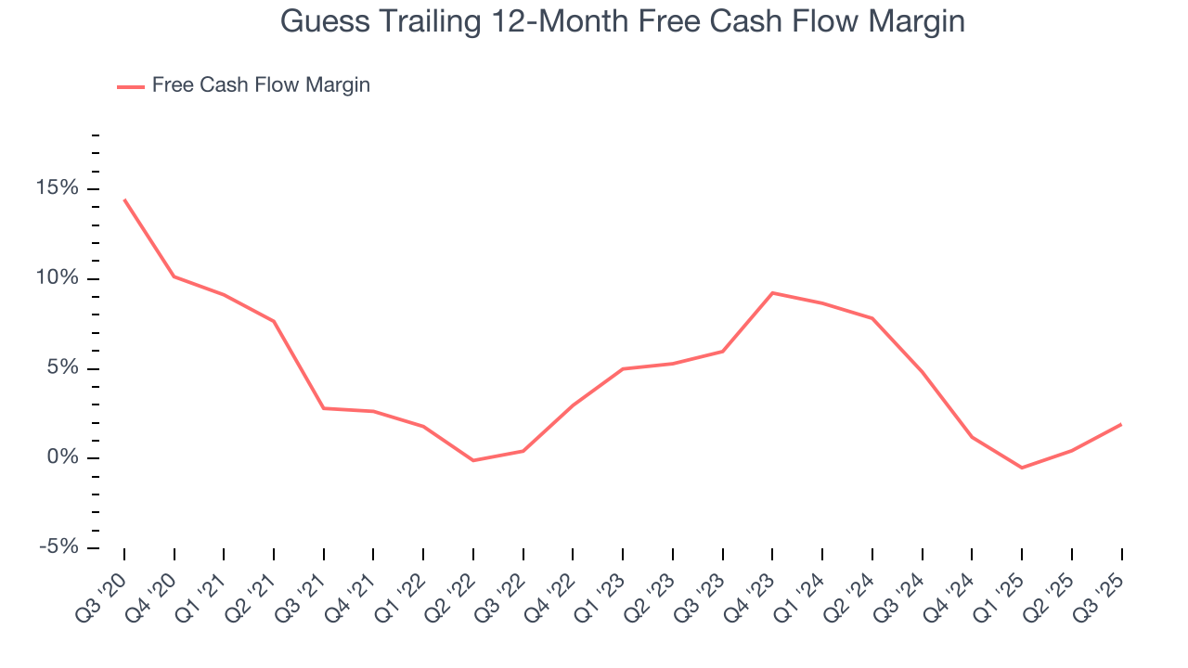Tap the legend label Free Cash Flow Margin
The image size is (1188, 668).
261,85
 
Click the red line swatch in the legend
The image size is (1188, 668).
131,86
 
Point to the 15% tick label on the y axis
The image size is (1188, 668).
57,189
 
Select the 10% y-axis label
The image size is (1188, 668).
57,279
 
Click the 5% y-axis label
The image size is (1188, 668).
62,368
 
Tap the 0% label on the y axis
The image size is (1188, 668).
62,458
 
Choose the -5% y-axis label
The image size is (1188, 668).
58,547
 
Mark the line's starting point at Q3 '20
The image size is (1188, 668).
124,199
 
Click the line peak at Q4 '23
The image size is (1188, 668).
772,293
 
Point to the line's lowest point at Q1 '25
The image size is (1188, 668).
1022,468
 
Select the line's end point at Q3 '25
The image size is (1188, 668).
1121,424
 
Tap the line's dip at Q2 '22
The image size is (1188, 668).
473,460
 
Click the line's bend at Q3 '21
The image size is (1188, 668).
324,408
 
